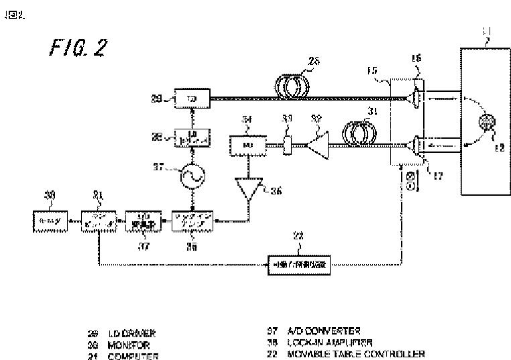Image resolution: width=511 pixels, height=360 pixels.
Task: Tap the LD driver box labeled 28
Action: pyautogui.click(x=193, y=137)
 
